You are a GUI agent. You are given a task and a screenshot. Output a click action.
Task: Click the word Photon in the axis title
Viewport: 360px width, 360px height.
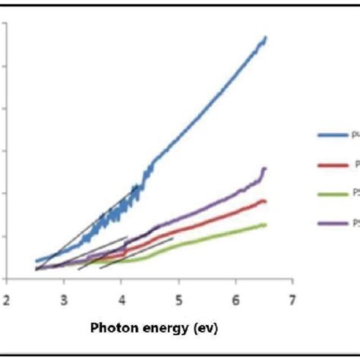coord(115,329)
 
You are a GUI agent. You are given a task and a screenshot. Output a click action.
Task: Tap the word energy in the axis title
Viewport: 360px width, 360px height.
coord(166,329)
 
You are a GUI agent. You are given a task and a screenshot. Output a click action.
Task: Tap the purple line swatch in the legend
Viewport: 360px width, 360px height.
coord(331,223)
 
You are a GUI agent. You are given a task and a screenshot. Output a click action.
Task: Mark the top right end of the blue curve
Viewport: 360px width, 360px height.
coord(266,36)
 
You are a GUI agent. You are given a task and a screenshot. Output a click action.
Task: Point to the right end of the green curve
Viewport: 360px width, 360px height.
coord(266,224)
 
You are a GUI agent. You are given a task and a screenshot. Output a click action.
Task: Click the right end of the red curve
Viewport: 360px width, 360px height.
coord(266,201)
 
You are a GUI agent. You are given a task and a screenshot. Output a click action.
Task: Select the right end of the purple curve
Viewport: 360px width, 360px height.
coord(266,168)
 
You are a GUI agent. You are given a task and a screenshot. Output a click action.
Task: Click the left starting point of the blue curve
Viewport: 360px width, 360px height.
coord(36,261)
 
